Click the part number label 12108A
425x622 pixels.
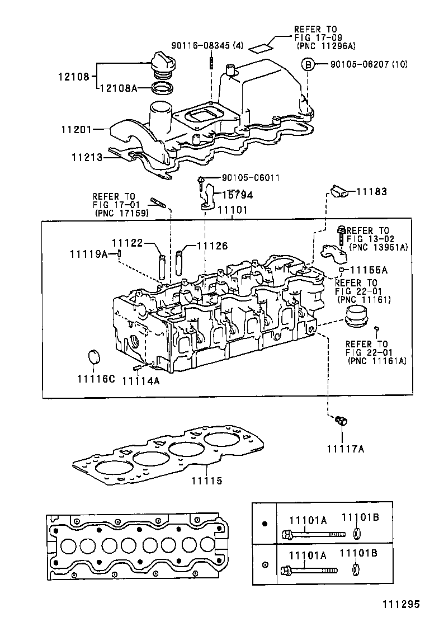click(x=119, y=88)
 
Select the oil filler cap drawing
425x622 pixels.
click(x=163, y=64)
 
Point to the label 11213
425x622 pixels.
click(x=87, y=158)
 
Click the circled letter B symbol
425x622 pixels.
click(x=308, y=64)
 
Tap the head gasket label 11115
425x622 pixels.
click(x=206, y=480)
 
